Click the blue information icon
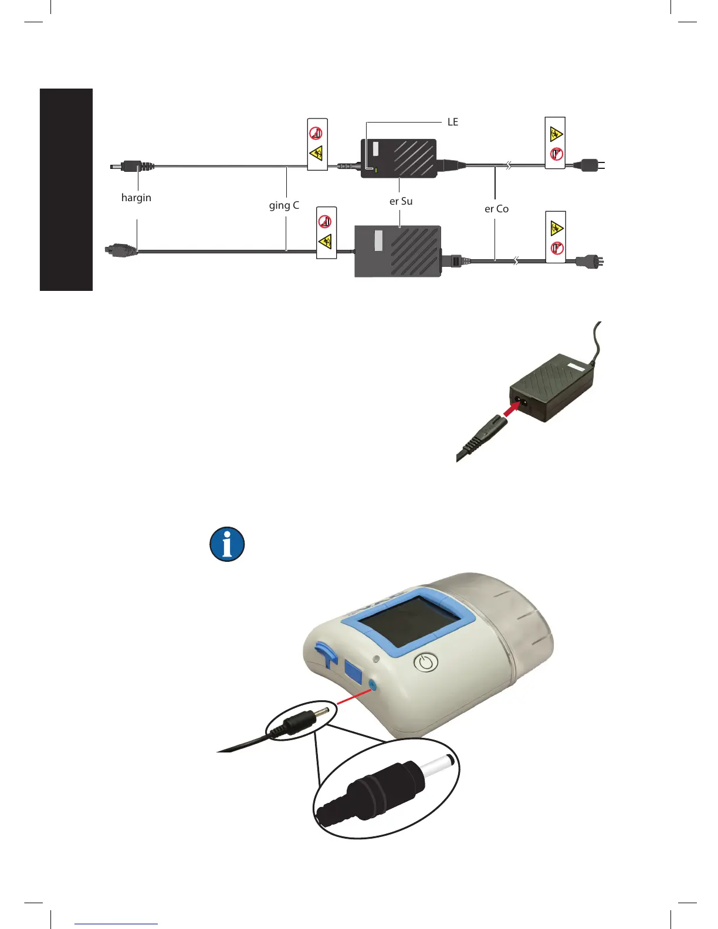click(227, 544)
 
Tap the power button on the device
click(426, 663)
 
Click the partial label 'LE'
click(453, 122)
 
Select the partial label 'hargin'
click(136, 198)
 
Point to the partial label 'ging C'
click(284, 205)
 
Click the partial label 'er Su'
click(401, 201)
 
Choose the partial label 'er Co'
click(496, 209)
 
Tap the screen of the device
click(399, 621)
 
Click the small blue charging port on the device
click(371, 684)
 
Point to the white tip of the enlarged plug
click(437, 766)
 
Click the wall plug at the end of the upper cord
click(589, 165)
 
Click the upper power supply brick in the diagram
click(399, 158)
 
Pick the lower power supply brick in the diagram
click(398, 251)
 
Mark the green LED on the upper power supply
click(375, 171)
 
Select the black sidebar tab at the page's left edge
click(66, 189)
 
